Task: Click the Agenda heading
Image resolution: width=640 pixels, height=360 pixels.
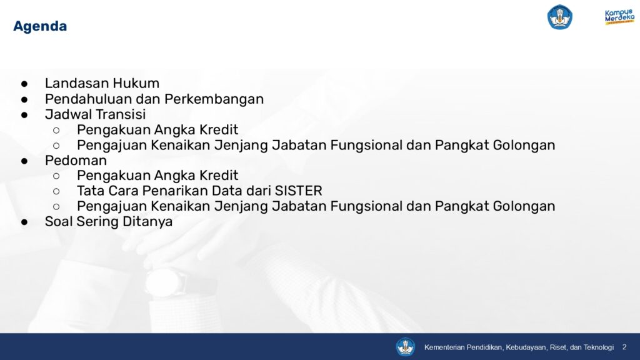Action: [40, 26]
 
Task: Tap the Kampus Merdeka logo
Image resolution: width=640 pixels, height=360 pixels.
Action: [619, 17]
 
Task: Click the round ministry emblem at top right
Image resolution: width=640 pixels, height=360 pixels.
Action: [559, 17]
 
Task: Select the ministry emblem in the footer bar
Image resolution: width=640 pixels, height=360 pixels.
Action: [405, 347]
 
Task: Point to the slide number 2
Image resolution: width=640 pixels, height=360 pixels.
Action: [624, 347]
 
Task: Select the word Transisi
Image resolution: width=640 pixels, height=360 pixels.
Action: [122, 114]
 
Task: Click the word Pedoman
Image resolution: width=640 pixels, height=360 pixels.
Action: [76, 161]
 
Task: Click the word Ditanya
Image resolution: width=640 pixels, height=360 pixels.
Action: [147, 222]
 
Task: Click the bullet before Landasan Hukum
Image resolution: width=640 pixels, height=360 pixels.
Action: [24, 84]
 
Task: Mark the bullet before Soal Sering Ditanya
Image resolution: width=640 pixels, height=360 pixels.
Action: [24, 222]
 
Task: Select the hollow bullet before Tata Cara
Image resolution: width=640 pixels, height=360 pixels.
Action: [56, 191]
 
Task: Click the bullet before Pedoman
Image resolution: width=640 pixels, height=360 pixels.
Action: [24, 161]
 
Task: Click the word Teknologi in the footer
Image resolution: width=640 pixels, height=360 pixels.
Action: [598, 347]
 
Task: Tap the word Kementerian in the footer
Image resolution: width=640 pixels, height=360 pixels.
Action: [444, 347]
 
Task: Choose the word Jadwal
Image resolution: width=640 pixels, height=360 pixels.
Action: [69, 114]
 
